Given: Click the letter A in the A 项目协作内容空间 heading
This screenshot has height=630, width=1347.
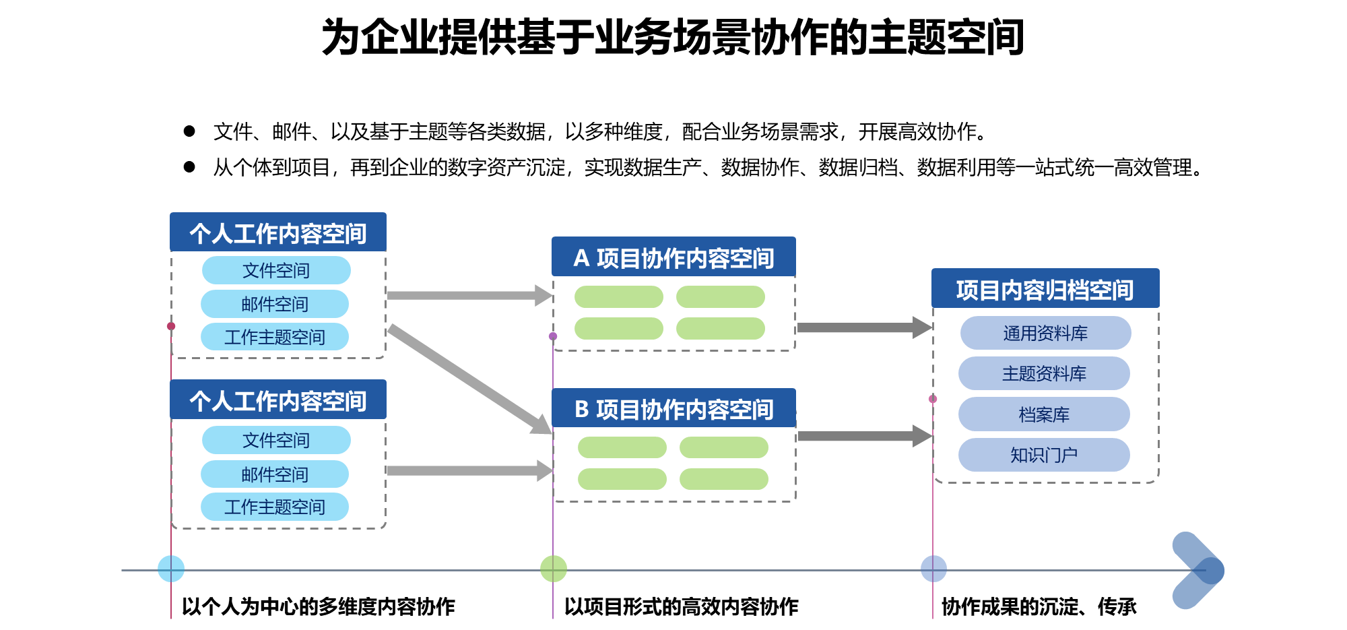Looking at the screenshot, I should (581, 259).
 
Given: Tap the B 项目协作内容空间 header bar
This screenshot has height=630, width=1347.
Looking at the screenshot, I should (673, 408).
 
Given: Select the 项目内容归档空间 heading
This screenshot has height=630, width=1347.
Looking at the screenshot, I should (1045, 289).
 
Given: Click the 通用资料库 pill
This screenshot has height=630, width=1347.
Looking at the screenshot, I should (1045, 333).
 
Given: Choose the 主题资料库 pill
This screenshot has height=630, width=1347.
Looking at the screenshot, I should (1044, 373).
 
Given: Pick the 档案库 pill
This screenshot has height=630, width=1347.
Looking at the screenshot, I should (1044, 414).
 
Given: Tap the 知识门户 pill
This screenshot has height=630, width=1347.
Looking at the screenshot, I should (1044, 455).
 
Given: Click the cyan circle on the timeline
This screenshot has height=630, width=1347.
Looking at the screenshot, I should (171, 569).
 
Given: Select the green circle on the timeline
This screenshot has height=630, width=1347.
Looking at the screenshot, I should (554, 569).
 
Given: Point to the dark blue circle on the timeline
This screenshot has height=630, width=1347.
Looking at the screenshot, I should (933, 569).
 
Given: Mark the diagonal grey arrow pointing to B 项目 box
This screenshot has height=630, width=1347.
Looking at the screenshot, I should (469, 379).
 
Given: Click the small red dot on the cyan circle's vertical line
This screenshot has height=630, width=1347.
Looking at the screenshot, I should (171, 326).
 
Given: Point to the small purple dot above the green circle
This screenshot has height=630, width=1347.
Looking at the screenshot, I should (553, 336).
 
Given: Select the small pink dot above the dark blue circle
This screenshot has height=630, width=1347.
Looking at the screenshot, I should (933, 399).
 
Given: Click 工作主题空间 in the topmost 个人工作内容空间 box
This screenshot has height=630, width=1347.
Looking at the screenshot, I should (275, 337).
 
